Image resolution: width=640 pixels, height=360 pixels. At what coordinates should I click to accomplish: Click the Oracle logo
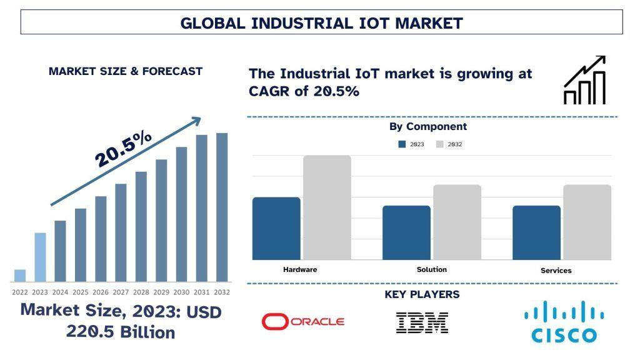tap(302, 322)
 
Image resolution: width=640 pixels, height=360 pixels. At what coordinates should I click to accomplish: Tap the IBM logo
tap(422, 322)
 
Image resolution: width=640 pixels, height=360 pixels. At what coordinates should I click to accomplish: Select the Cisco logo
tap(564, 321)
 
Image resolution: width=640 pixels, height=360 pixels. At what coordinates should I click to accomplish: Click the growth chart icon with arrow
tap(585, 80)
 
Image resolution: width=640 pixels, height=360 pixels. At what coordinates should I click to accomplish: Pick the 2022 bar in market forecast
tap(20, 276)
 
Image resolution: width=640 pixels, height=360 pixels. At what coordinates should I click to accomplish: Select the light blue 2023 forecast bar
tap(40, 257)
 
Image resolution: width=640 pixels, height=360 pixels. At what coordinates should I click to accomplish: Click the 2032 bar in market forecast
tap(222, 207)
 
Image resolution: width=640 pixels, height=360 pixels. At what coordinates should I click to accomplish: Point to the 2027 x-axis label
tap(121, 292)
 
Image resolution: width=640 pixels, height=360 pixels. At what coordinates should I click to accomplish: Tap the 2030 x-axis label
tap(181, 292)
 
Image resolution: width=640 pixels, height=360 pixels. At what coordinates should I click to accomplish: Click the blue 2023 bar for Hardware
tap(276, 228)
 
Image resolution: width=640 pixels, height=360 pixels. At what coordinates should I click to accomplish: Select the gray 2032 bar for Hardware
tap(327, 207)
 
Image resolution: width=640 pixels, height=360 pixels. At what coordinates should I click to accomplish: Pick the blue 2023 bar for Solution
tap(406, 232)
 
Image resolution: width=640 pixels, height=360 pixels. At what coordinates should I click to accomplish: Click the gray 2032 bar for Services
tap(587, 222)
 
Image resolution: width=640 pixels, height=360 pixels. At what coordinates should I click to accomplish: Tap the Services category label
tap(556, 271)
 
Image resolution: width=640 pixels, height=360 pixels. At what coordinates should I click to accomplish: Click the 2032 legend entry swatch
tap(439, 144)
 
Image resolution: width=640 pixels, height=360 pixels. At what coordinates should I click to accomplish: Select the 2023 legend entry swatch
tap(402, 144)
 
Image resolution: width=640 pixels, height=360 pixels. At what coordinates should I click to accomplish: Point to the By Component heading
tap(428, 126)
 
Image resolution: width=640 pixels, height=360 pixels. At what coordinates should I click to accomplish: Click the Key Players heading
tap(422, 294)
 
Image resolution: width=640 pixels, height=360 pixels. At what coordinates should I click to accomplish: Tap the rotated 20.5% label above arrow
tap(123, 149)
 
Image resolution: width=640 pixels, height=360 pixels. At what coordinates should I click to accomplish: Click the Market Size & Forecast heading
tap(126, 71)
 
